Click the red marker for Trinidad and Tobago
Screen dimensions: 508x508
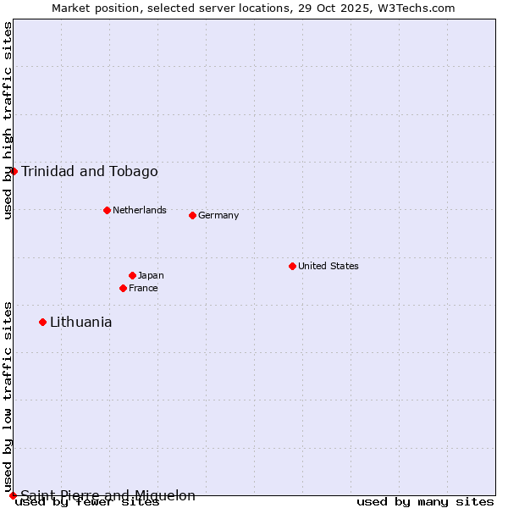(14, 171)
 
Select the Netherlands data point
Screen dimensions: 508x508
(107, 210)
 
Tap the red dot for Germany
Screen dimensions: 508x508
(192, 215)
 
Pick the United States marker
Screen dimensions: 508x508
(292, 266)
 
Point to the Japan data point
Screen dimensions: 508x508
(132, 275)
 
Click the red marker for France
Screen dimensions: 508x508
(123, 288)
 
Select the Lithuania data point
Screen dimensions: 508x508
(42, 322)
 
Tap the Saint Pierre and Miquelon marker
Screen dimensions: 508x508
(13, 495)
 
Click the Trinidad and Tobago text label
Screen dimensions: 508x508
(89, 172)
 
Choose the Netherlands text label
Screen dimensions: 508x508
(139, 210)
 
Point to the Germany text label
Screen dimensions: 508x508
(218, 215)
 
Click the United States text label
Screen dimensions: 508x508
(328, 266)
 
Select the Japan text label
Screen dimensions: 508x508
(151, 275)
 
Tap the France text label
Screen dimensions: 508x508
(143, 288)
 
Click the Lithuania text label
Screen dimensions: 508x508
(80, 322)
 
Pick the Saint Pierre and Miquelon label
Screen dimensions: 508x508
(108, 495)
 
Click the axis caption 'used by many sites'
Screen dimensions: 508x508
(425, 502)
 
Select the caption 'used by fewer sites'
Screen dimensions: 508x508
(87, 502)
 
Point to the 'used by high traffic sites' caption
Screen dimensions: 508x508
(8, 120)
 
